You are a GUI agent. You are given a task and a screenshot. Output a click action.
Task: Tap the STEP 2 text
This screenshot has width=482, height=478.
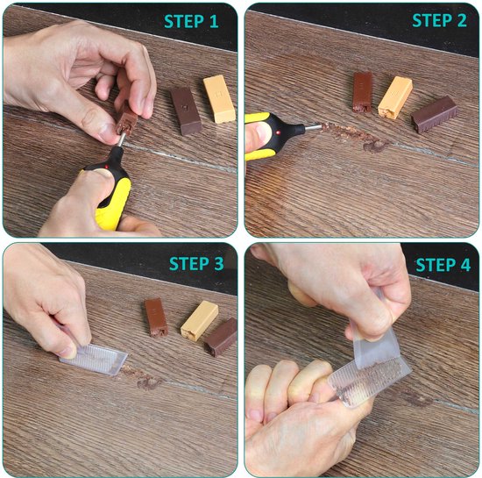[441, 21]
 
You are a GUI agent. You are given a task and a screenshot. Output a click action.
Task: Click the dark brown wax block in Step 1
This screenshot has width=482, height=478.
[186, 109]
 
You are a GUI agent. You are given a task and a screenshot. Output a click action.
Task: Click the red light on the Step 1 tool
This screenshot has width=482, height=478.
[109, 164]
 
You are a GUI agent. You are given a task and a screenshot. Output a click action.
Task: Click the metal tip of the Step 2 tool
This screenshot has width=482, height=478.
[308, 129]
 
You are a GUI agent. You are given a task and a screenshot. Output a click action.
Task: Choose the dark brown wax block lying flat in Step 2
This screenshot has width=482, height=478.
[435, 114]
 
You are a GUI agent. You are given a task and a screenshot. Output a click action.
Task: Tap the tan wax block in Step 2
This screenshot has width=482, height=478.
[395, 96]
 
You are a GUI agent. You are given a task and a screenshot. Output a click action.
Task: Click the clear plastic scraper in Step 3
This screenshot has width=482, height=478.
[93, 356]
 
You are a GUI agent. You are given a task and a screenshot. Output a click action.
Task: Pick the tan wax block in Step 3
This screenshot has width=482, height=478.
[199, 320]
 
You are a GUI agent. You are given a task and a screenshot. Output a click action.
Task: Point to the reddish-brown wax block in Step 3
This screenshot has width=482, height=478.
[157, 317]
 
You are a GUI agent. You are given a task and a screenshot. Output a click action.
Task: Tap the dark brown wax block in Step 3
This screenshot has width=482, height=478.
[221, 336]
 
